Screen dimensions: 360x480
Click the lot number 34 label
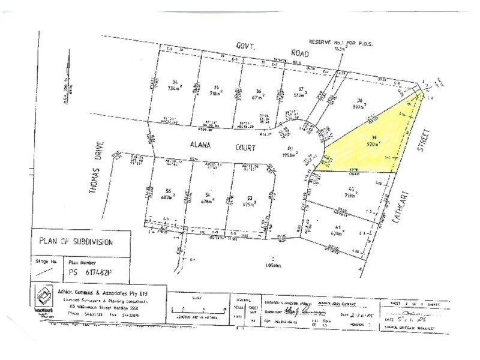[x=158, y=82]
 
